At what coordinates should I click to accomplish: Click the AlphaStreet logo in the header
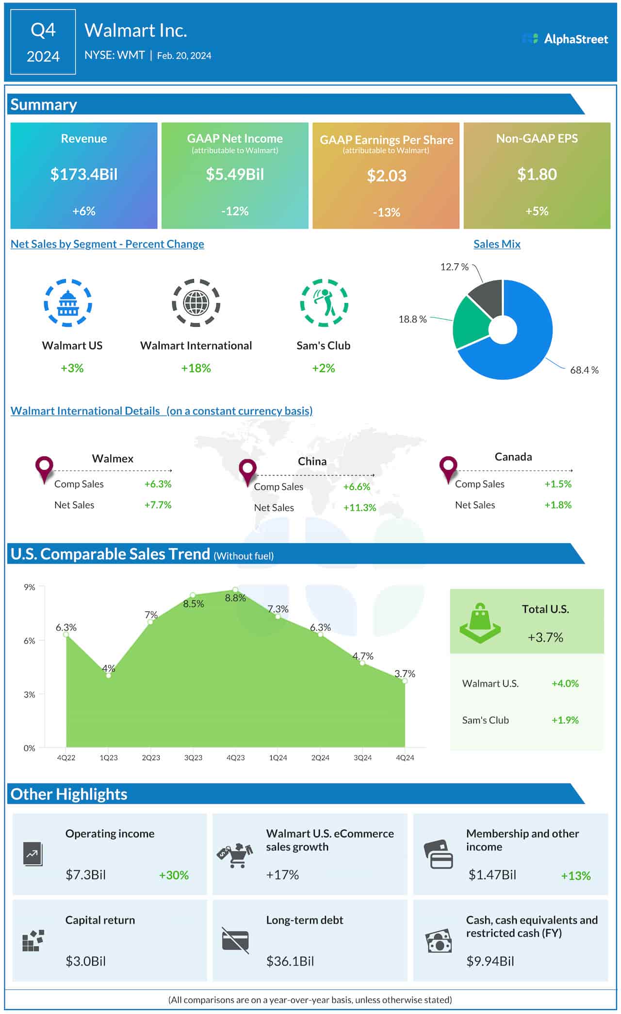pos(565,39)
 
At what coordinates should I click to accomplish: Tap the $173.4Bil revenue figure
pos(84,174)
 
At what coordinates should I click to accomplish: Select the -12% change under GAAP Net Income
pos(235,211)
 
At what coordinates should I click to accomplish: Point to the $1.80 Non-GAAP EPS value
pos(537,174)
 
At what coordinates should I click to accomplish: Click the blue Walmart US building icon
pos(68,303)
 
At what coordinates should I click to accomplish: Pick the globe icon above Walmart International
pos(196,303)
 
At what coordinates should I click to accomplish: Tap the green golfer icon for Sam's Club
pos(324,303)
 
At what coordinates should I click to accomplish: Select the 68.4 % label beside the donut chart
pos(584,370)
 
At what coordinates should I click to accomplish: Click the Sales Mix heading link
pos(497,244)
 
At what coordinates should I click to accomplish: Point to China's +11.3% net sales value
pos(360,508)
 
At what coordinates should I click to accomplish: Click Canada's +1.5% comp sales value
pos(558,484)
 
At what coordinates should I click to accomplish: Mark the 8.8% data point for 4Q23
pos(235,590)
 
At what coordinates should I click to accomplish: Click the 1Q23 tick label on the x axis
pos(109,758)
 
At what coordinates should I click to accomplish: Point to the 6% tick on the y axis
pos(30,641)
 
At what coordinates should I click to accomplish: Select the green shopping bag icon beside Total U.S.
pos(480,623)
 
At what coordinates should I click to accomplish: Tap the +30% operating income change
pos(174,875)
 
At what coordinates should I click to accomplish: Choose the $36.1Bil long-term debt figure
pos(290,961)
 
